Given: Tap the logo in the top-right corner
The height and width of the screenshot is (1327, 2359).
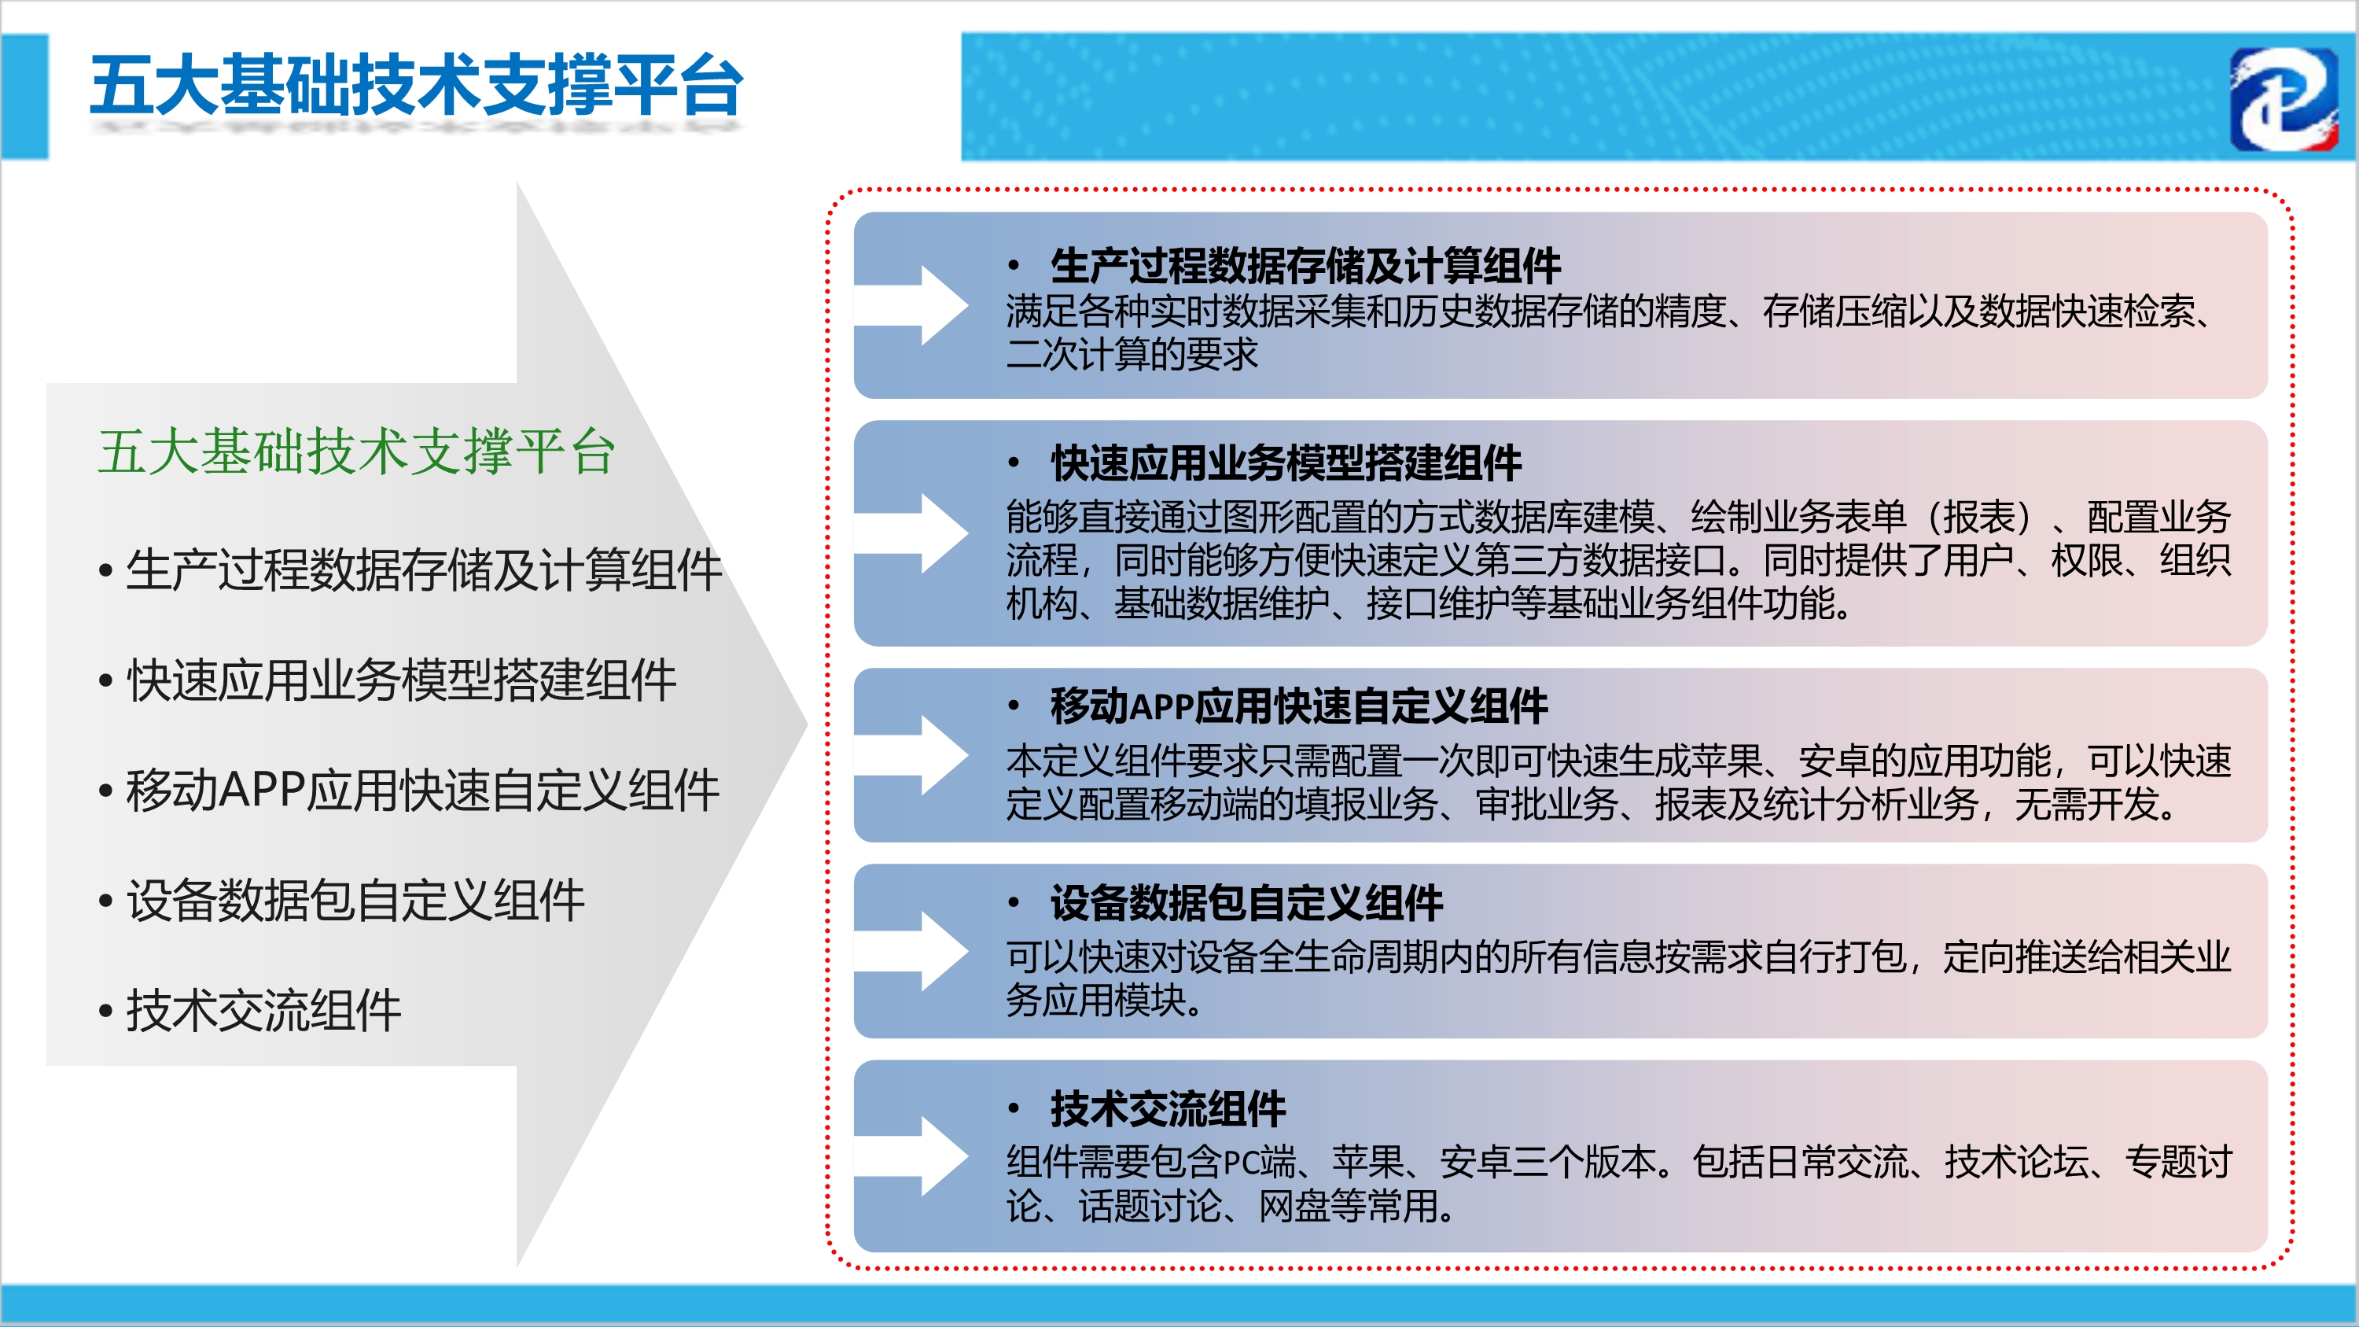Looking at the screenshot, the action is coord(2284,99).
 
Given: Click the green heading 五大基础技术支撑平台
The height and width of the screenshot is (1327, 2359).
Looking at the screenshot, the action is coord(356,452).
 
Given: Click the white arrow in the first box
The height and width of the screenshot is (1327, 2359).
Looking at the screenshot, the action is coord(911,306).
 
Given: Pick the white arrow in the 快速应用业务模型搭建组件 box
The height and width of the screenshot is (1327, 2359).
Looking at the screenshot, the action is coord(911,534).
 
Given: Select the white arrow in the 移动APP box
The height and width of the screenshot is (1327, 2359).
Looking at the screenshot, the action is coord(911,756).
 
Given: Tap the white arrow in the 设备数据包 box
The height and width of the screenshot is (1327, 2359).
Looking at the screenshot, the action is coord(911,952).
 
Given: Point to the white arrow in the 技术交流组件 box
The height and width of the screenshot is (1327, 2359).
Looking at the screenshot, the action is coord(911,1156).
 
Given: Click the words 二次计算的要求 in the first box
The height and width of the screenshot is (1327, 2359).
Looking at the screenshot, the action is coord(1132,355).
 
